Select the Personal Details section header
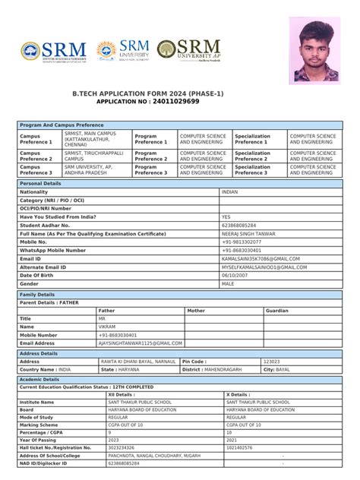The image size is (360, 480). click(41, 184)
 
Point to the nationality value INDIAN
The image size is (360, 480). click(229, 192)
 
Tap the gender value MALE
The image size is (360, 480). click(228, 283)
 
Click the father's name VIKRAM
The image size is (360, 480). click(109, 327)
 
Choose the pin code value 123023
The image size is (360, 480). click(270, 362)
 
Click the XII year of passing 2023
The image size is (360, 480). click(114, 440)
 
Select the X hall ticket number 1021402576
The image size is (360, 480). click(242, 448)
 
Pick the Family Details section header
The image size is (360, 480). click(37, 294)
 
